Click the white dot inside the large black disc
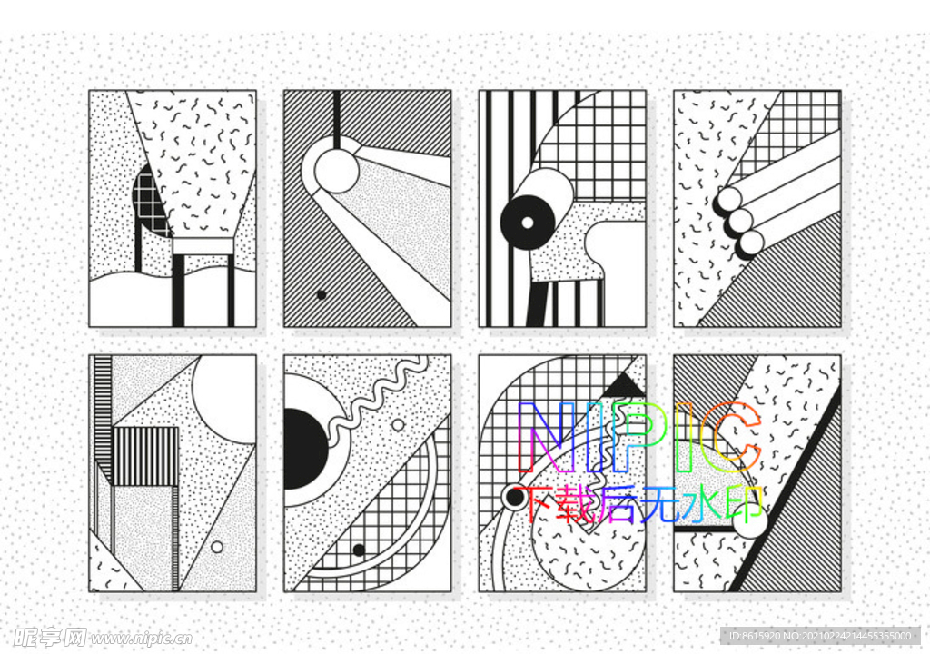point(528,223)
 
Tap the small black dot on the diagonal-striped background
point(322,294)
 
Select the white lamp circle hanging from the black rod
point(336,171)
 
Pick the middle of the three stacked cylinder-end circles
point(740,221)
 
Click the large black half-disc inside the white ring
point(305,449)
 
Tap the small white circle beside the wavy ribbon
point(398,425)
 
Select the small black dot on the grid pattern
point(358,550)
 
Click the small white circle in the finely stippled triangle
point(217,547)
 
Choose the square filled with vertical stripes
point(145,456)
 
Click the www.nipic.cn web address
point(141,639)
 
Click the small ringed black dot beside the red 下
point(513,498)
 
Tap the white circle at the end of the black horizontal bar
point(749,520)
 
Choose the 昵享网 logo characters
point(50,638)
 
